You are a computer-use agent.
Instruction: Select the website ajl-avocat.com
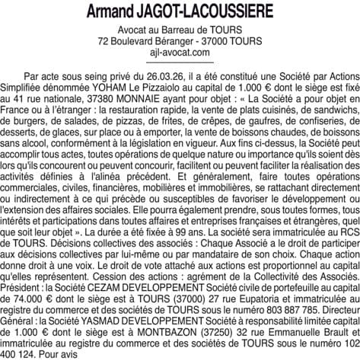coord(180,52)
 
